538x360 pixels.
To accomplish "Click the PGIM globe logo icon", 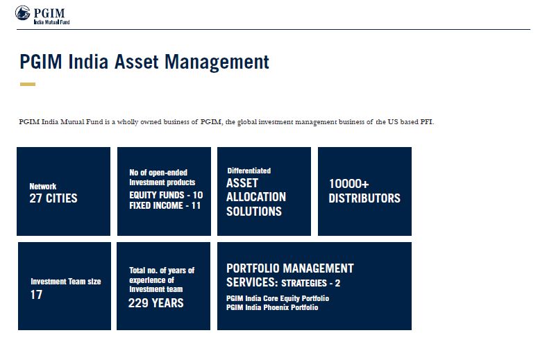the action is pyautogui.click(x=23, y=13).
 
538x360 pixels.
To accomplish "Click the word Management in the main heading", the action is pyautogui.click(x=217, y=62).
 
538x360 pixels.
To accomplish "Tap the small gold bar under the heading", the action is pyautogui.click(x=28, y=84).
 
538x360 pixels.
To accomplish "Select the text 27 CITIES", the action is pyautogui.click(x=53, y=198).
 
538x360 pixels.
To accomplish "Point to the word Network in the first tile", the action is pyautogui.click(x=43, y=186).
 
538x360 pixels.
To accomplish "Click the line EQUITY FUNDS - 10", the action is pyautogui.click(x=166, y=195).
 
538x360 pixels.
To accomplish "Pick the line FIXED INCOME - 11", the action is pyautogui.click(x=165, y=205).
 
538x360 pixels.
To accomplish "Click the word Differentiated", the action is pyautogui.click(x=249, y=171).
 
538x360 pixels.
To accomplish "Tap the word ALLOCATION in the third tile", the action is pyautogui.click(x=256, y=197).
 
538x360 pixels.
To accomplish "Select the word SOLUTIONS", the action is pyautogui.click(x=254, y=211).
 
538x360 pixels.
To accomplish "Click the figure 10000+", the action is pyautogui.click(x=348, y=184).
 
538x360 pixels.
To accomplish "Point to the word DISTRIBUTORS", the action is pyautogui.click(x=364, y=198).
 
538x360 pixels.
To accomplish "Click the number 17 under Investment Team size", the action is pyautogui.click(x=36, y=295).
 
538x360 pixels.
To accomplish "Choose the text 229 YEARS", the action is pyautogui.click(x=155, y=303).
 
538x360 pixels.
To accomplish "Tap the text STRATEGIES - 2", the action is pyautogui.click(x=310, y=283).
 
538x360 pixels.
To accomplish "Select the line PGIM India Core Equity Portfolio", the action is pyautogui.click(x=278, y=298).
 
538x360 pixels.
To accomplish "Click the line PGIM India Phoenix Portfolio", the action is pyautogui.click(x=272, y=307).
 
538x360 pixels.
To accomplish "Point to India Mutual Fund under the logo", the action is pyautogui.click(x=51, y=22).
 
